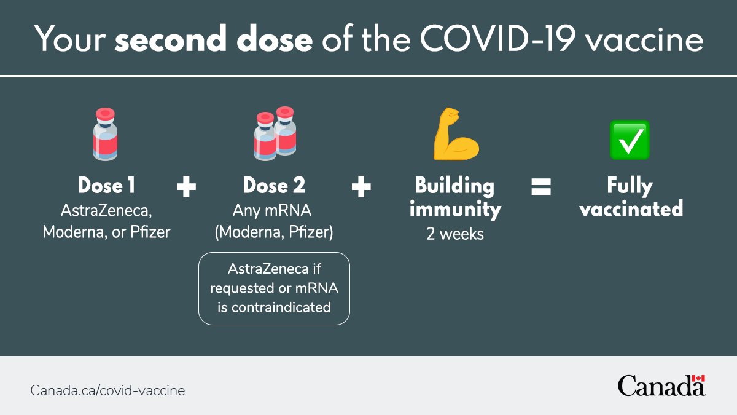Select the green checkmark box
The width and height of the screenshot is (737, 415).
point(629,140)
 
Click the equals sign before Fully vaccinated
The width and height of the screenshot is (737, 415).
point(540,186)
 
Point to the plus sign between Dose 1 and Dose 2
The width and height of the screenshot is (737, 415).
point(186,186)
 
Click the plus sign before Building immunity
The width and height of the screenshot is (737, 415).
point(361,186)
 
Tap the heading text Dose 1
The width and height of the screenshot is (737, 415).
point(106,186)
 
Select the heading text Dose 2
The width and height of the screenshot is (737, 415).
point(274,186)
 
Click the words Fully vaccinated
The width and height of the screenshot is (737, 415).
point(631,197)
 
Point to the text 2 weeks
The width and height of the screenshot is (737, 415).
point(455,234)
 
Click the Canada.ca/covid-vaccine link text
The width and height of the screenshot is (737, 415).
point(107,390)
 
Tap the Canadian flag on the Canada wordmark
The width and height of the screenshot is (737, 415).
point(698,379)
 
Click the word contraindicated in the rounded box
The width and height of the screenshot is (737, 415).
point(274,307)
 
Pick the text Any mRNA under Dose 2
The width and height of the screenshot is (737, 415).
point(272,211)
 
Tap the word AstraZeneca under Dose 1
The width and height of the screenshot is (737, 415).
point(106,211)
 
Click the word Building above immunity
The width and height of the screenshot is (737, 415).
point(454,186)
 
